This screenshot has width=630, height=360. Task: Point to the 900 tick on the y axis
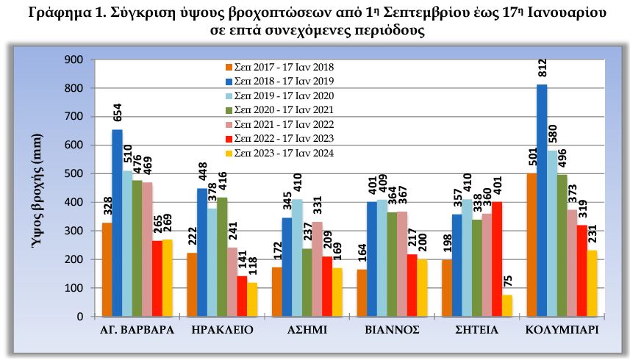tap(75, 60)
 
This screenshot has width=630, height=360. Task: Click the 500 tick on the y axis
tap(75, 173)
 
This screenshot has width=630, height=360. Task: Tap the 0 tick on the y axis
tap(80, 317)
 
